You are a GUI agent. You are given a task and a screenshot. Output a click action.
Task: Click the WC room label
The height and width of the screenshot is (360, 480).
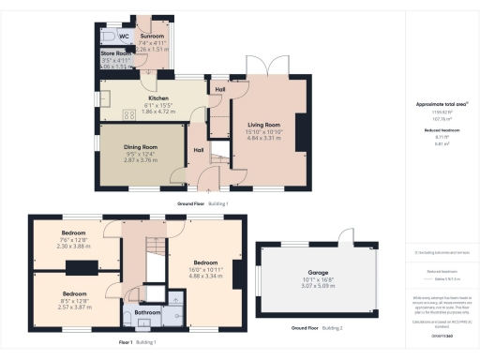coord(125,37)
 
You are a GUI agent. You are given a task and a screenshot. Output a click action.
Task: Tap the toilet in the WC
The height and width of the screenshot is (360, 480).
coord(108,36)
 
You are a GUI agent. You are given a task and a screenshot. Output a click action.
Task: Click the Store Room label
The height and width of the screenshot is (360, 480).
coord(116,54)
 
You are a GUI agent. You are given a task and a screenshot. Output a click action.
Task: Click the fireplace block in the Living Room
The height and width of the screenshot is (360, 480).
coord(300,126)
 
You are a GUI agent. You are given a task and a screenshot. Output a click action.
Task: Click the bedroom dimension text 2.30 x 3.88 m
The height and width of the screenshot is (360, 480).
coord(74,246)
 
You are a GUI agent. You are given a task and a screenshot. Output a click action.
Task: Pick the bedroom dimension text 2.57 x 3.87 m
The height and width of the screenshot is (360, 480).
coord(74,307)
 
